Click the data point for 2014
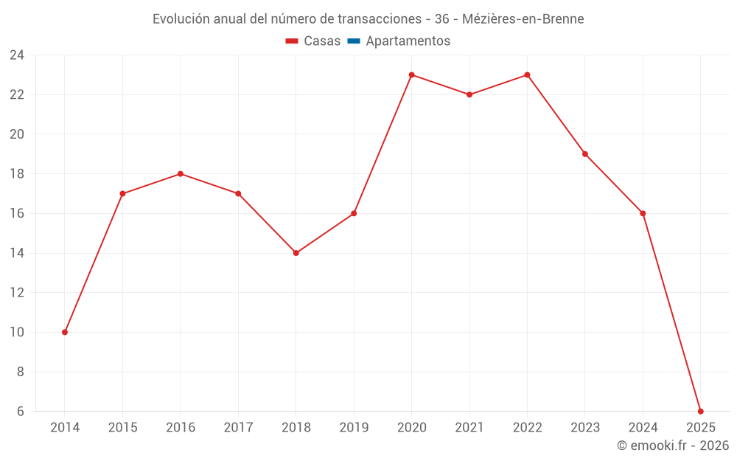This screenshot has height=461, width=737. coord(65,332)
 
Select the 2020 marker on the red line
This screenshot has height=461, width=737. coord(411,74)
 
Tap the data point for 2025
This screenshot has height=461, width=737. coord(700,411)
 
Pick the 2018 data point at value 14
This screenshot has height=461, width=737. coord(296,253)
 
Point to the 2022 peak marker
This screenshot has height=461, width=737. coord(527,74)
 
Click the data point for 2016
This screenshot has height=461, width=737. coord(181,174)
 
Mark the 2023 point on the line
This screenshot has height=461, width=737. coord(584,154)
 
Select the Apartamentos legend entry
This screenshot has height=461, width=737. coord(408,41)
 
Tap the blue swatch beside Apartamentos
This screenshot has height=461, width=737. coord(354,41)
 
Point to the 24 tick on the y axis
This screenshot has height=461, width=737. coord(17,55)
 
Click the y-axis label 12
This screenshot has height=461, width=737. coord(17,293)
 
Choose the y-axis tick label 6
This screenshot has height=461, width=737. coord(20,412)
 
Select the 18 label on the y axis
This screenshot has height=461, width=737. coord(17,174)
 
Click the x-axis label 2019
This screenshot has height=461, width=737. coord(354,428)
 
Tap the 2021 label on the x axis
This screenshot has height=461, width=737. coord(469,428)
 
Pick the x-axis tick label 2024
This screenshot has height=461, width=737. coord(643,428)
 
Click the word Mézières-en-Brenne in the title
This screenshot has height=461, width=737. coord(523,19)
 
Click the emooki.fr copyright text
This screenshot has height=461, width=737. coord(673,446)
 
